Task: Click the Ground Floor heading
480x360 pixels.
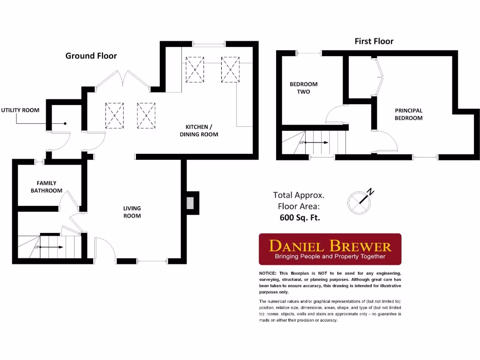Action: click(91, 56)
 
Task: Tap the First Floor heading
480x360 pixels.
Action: click(374, 41)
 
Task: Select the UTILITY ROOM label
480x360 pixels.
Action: click(20, 110)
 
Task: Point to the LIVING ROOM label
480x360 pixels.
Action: click(132, 212)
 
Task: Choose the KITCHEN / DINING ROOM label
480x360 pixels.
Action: click(202, 131)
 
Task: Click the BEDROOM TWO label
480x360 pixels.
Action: click(303, 88)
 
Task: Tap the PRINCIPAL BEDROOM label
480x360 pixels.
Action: click(408, 114)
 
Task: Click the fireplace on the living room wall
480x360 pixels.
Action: click(190, 203)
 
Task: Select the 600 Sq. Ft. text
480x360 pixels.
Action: click(300, 217)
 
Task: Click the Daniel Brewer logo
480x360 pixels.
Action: click(330, 249)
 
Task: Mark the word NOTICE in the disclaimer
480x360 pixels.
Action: click(268, 273)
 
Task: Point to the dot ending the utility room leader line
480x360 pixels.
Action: click(65, 124)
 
